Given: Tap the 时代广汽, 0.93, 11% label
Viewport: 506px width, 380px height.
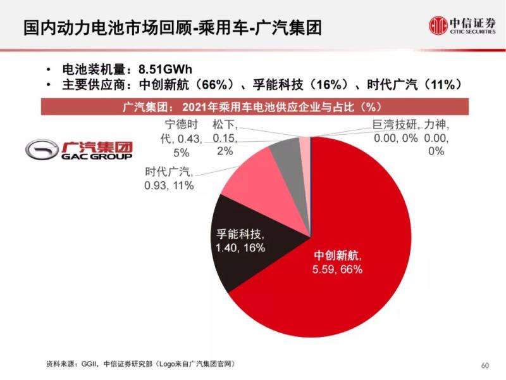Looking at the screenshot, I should (169, 179).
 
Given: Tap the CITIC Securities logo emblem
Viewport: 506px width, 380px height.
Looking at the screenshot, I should (438, 24).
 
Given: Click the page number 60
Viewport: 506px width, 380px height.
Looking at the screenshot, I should (485, 365).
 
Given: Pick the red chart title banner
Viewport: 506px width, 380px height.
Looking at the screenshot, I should (253, 106).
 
